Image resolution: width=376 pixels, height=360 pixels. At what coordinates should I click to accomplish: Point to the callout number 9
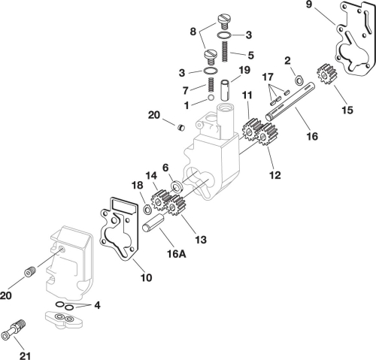point(308,6)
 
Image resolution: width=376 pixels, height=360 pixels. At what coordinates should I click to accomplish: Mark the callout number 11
point(247,95)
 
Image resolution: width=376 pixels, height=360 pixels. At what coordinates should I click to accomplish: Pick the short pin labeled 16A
point(155,225)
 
